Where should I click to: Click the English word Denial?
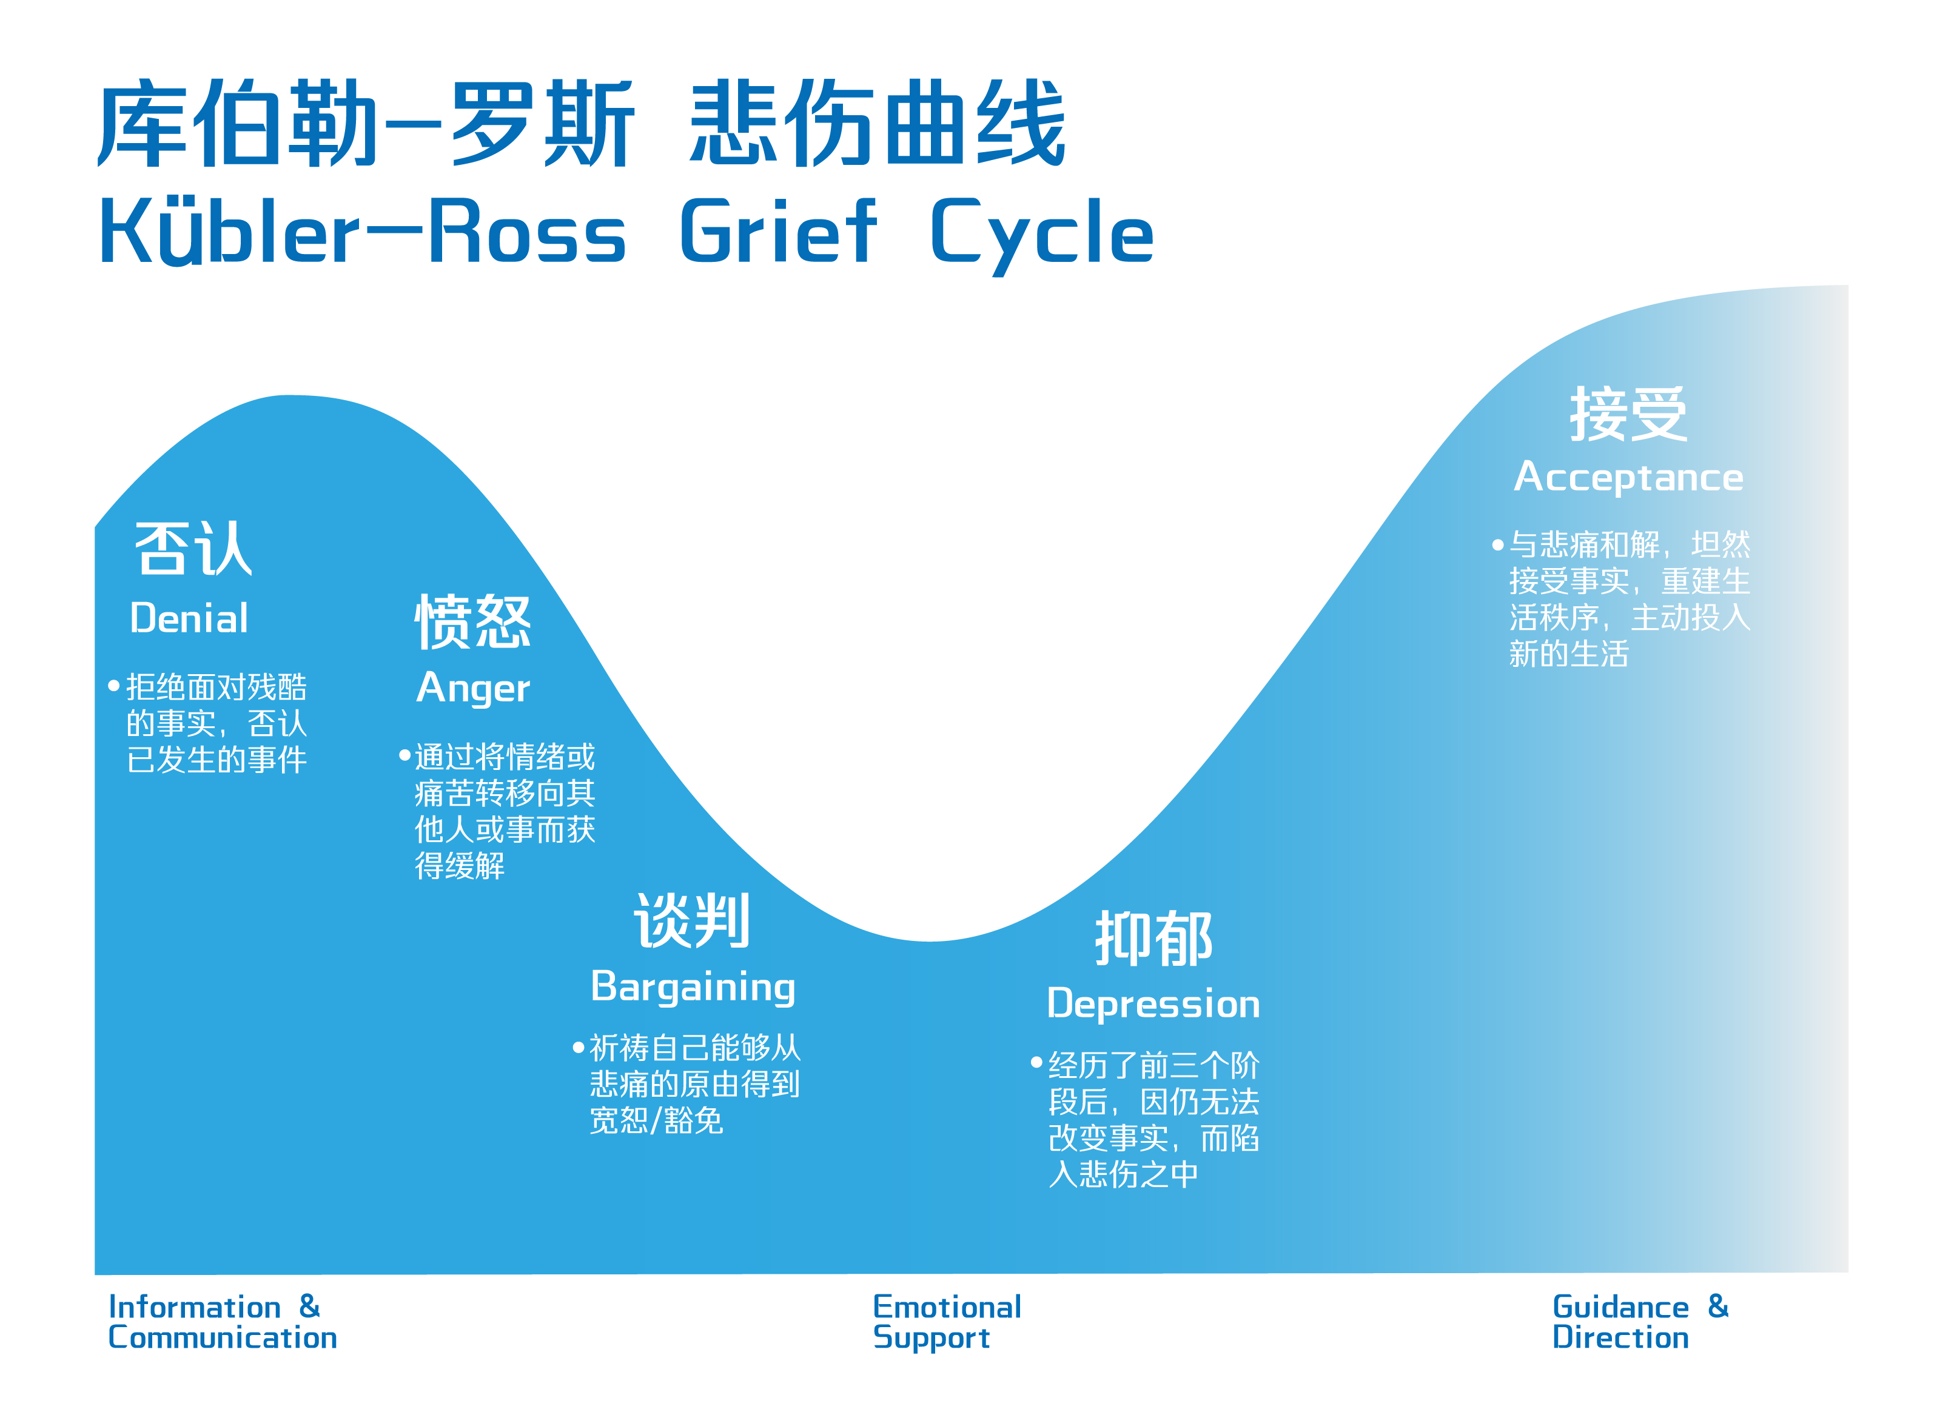tap(189, 618)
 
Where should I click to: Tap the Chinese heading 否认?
tap(193, 549)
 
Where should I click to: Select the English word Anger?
tap(472, 689)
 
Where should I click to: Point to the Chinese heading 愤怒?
tap(472, 621)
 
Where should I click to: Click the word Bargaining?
tap(693, 987)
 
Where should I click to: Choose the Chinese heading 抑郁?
tap(1153, 939)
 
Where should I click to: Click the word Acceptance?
tap(1628, 477)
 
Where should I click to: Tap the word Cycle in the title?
tap(1041, 232)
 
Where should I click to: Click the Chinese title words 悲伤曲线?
tap(877, 124)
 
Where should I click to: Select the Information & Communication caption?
tap(222, 1322)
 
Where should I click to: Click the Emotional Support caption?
tap(946, 1322)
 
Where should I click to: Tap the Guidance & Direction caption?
tap(1639, 1322)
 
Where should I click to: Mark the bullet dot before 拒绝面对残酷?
tap(113, 686)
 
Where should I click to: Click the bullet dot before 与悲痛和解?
tap(1498, 544)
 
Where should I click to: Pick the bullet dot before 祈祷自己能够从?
tap(578, 1047)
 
